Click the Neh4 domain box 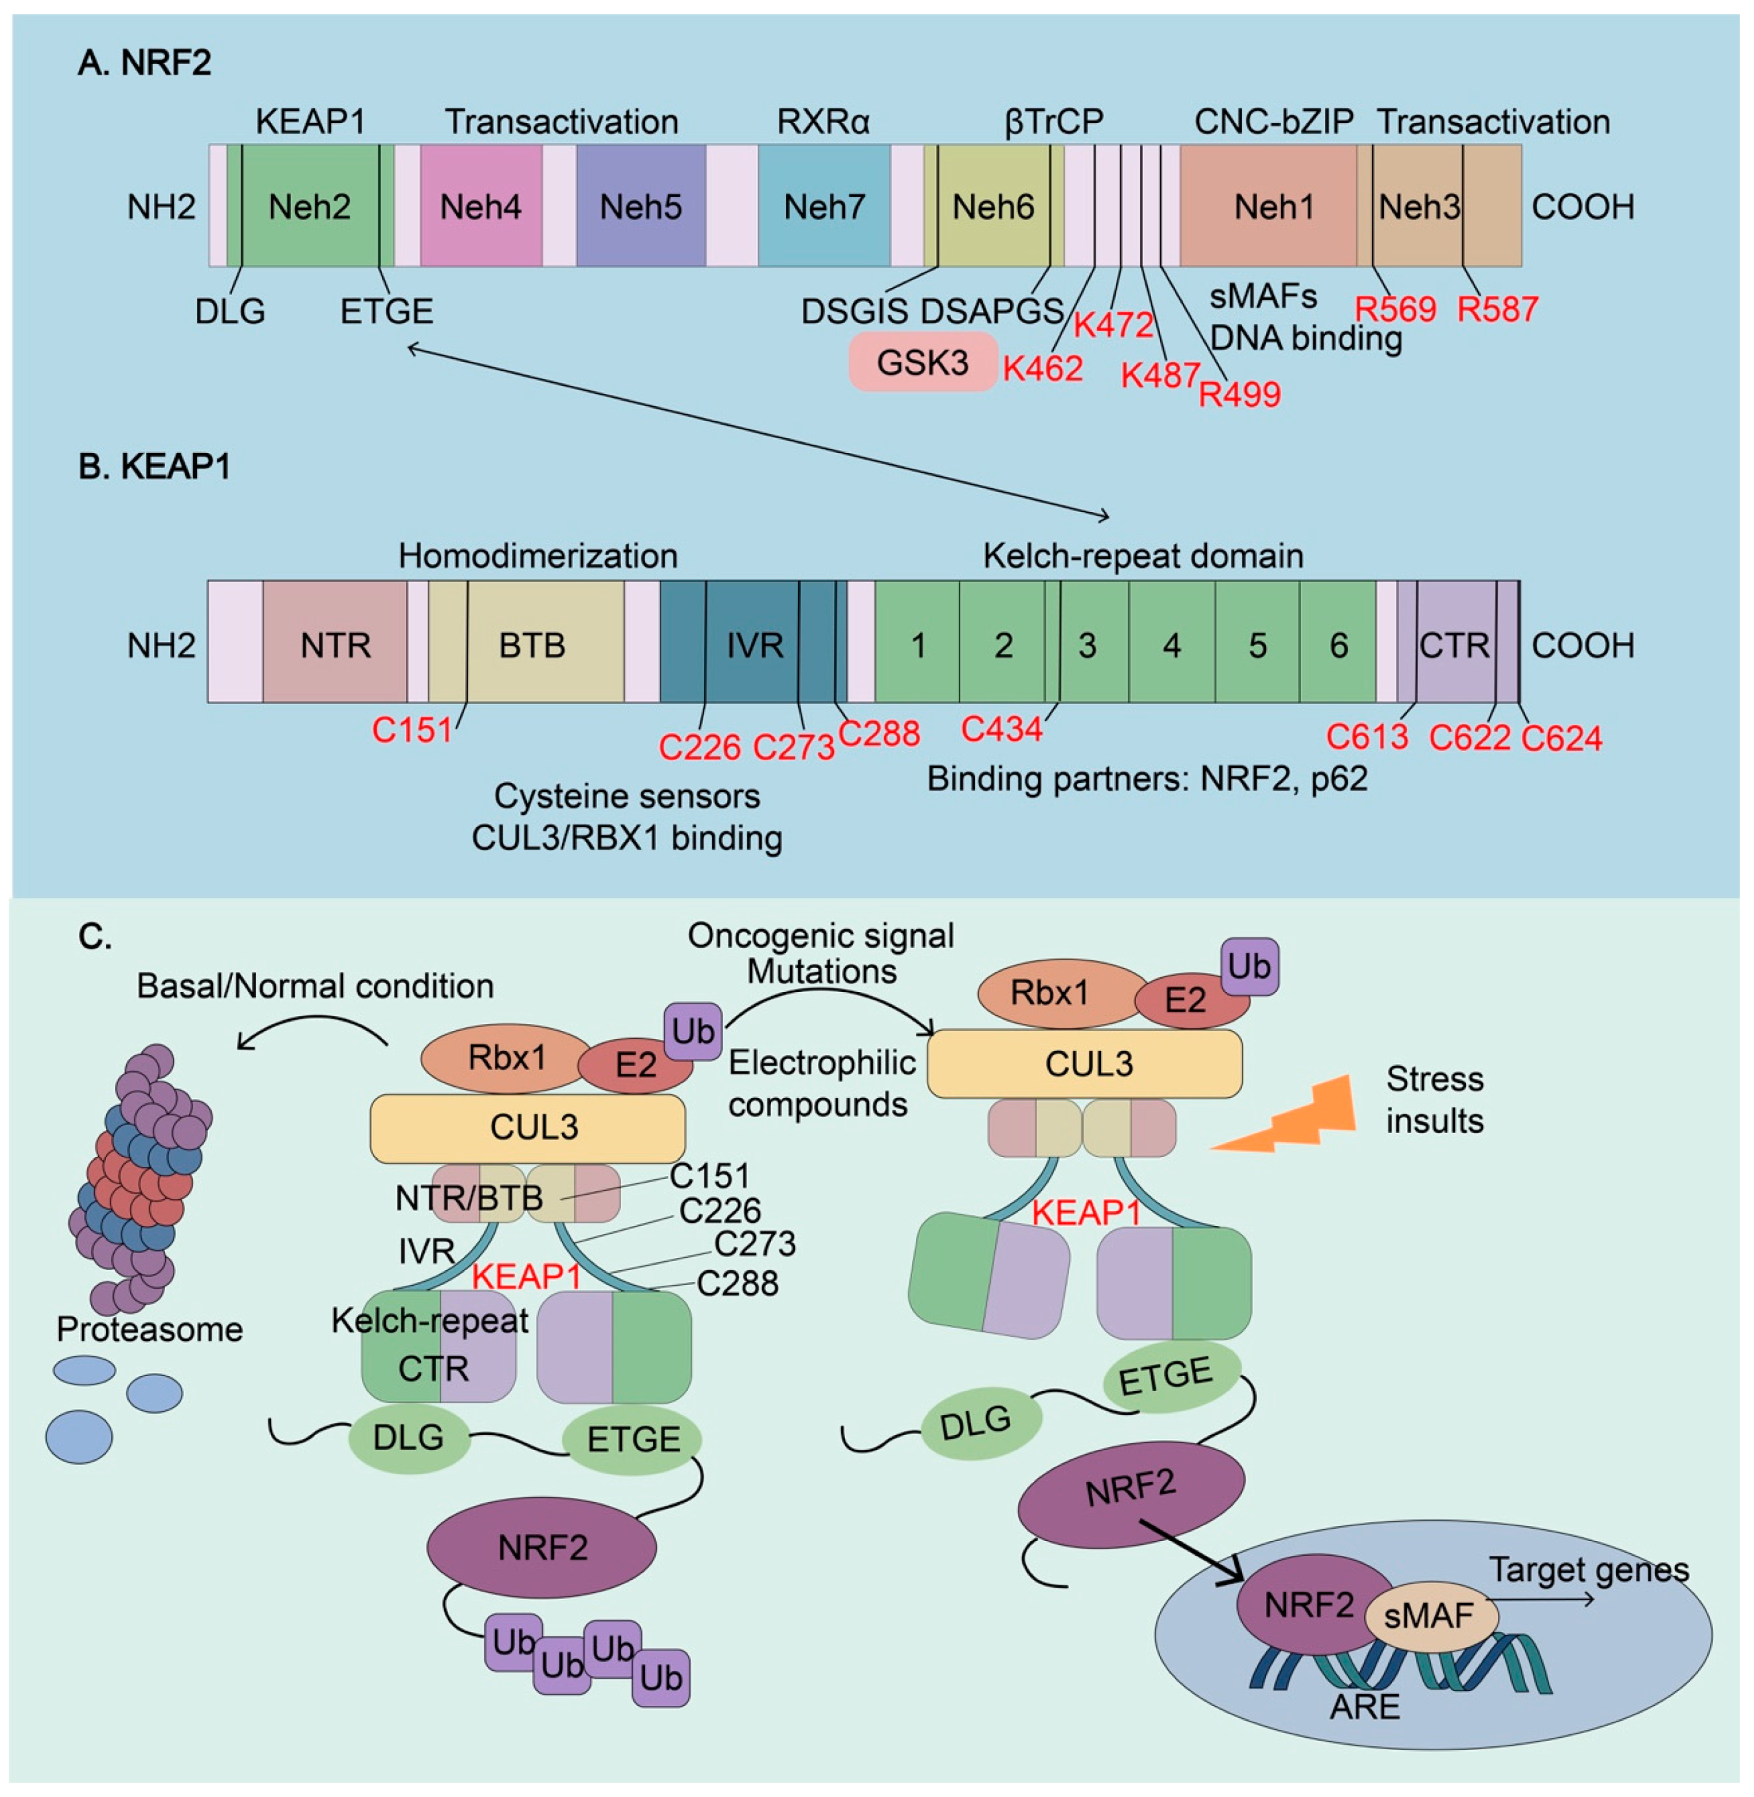click(480, 206)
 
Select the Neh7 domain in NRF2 click(823, 206)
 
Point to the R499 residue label click(1239, 394)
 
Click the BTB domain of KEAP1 click(532, 645)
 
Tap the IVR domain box click(755, 645)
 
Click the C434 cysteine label click(1001, 729)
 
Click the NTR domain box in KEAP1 click(335, 645)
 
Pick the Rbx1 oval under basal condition click(506, 1057)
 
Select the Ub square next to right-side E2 click(1249, 966)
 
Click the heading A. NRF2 click(145, 63)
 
